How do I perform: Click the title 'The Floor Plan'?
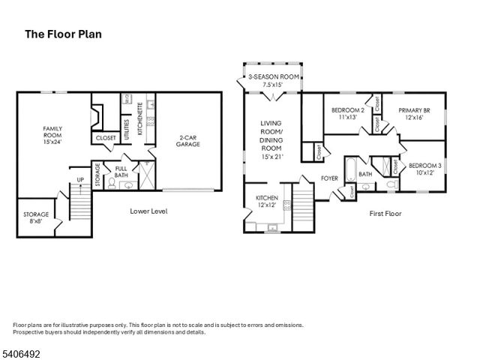point(64,34)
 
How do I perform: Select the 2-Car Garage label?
point(187,141)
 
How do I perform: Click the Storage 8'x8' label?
point(36,217)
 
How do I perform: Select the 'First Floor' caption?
point(385,214)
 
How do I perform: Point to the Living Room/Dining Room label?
point(271,140)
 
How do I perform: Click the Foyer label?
point(329,178)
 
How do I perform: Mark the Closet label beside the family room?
point(106,138)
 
